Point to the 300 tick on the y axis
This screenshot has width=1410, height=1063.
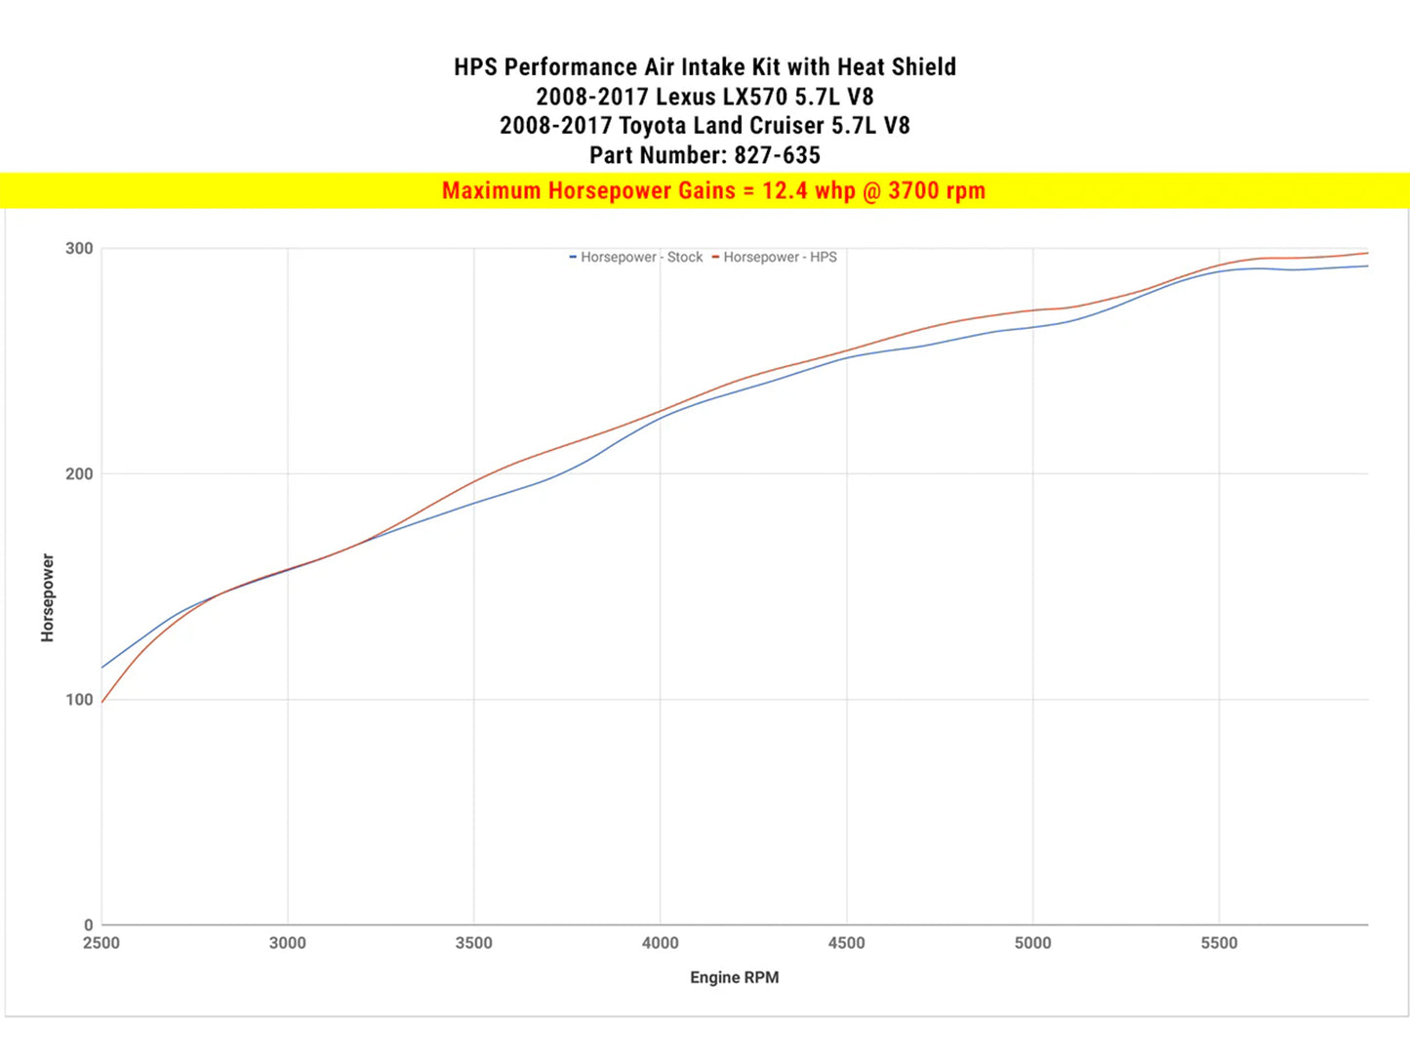79,248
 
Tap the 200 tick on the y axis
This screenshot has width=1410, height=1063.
79,473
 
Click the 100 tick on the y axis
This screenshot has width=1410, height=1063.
79,699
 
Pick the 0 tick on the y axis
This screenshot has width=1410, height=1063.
89,924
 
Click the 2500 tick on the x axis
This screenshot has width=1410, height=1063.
101,943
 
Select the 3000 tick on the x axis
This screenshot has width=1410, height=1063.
288,943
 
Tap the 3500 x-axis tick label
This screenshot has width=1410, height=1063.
474,943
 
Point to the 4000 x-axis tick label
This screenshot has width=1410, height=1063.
661,943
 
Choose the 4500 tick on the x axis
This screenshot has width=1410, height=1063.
846,943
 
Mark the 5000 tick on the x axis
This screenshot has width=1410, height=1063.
1032,943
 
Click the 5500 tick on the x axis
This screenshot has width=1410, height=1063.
1219,943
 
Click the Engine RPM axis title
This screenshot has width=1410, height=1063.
734,977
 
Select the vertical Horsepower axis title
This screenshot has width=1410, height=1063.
48,597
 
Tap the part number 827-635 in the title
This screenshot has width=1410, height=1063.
777,155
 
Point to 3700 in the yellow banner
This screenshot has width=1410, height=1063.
913,190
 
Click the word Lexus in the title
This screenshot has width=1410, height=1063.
685,97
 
